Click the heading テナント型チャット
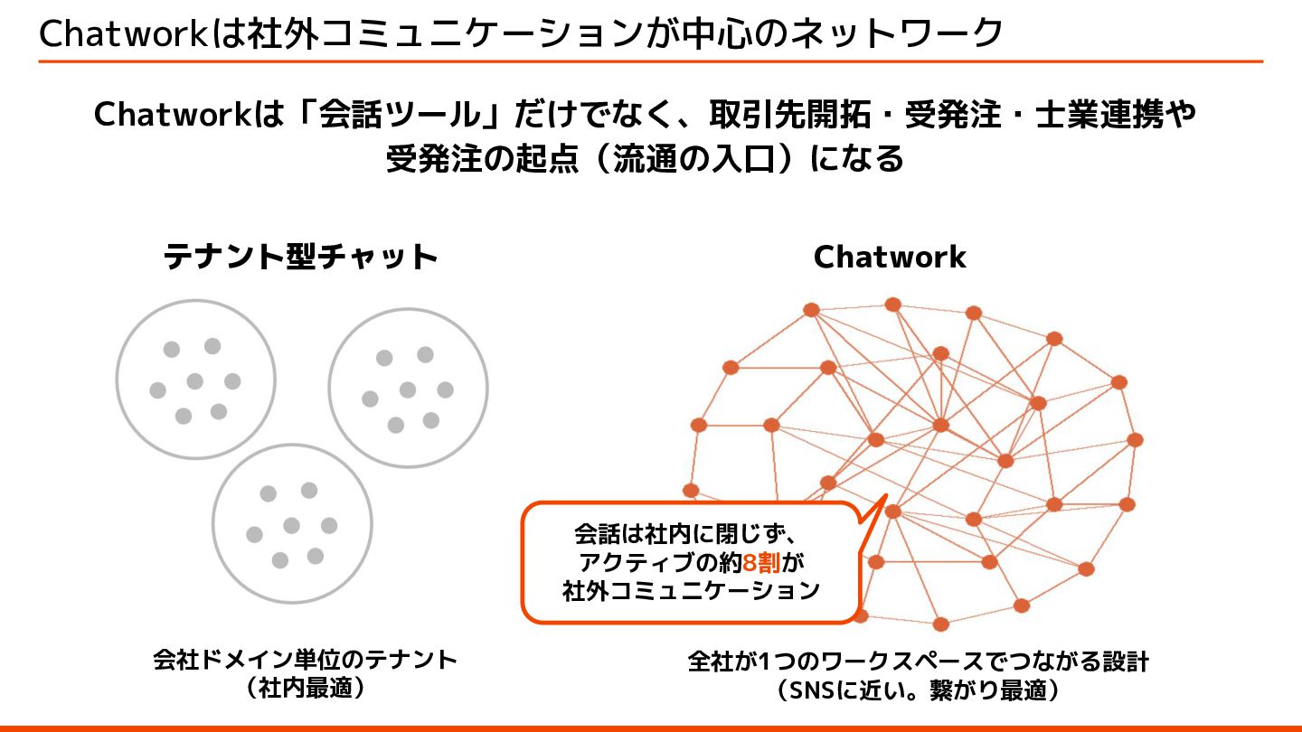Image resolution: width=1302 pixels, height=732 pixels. click(300, 258)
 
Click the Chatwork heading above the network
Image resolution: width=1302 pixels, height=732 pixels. click(890, 258)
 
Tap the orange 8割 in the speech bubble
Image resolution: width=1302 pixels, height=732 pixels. click(760, 563)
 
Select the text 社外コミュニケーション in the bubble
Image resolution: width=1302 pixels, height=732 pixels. click(690, 592)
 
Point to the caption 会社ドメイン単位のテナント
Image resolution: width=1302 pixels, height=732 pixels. click(306, 660)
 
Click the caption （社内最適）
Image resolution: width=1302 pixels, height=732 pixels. click(306, 689)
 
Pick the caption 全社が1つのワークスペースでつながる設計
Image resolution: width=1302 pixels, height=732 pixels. click(918, 662)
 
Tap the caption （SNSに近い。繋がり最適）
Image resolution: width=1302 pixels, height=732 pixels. click(918, 691)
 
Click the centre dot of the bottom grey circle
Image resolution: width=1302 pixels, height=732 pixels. click(291, 525)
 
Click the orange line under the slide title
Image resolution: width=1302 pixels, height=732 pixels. click(650, 61)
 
